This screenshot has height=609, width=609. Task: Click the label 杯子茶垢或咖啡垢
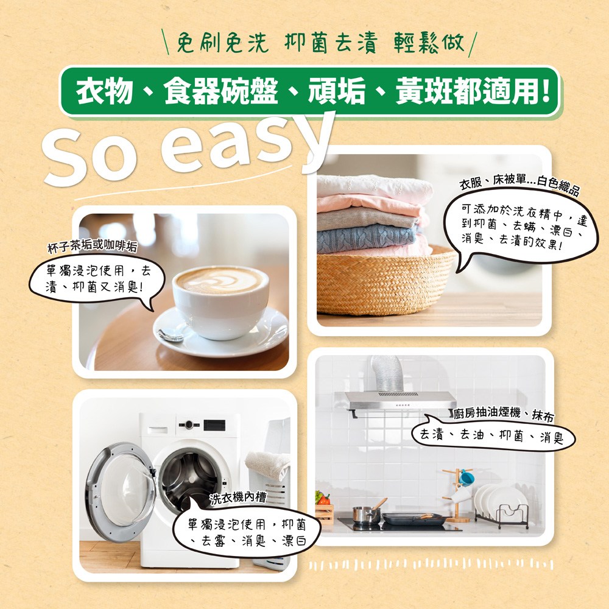click(92, 246)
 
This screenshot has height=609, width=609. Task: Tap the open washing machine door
click(121, 492)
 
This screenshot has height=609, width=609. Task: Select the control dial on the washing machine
click(189, 424)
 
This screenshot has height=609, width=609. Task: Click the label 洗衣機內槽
click(238, 498)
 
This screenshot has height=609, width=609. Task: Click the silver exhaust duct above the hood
click(387, 373)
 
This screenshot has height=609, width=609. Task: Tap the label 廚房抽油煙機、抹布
click(504, 414)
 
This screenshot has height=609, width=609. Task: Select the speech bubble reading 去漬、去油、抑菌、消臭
click(493, 436)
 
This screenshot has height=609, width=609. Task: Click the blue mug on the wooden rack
click(466, 477)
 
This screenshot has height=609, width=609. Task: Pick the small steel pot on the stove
click(366, 514)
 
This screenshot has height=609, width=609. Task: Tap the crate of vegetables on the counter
click(324, 509)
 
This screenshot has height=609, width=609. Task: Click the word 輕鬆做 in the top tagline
click(428, 43)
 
